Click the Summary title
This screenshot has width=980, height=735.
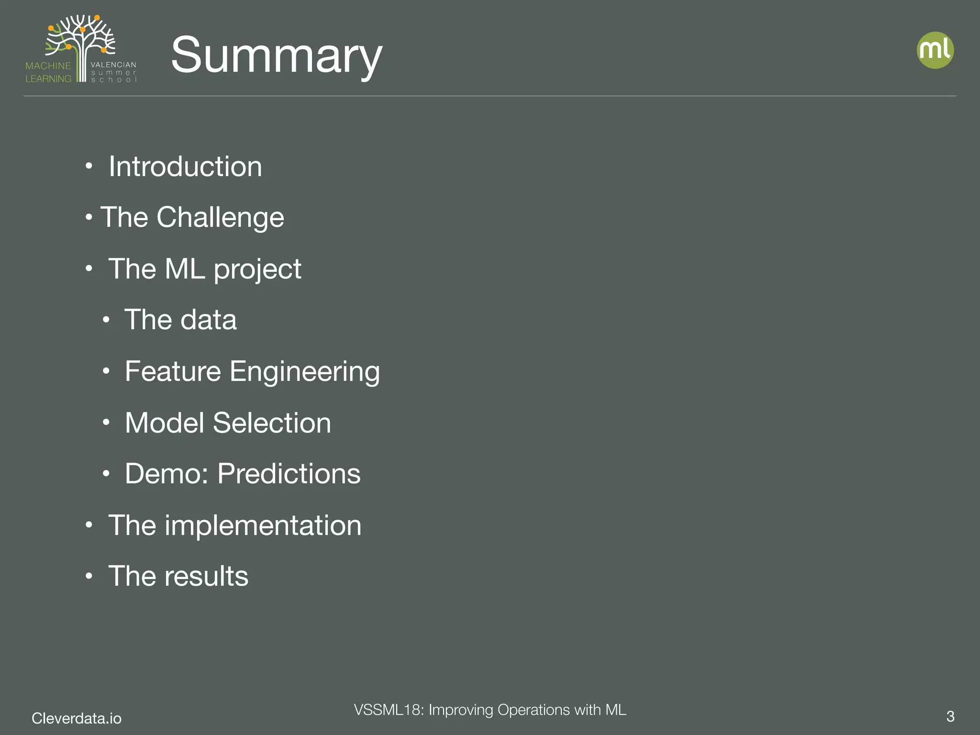pyautogui.click(x=276, y=56)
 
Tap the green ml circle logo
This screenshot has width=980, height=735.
pyautogui.click(x=935, y=50)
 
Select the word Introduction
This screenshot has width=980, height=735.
pyautogui.click(x=185, y=167)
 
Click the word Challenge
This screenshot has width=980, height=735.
pyautogui.click(x=220, y=218)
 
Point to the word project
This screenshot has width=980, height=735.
pyautogui.click(x=257, y=269)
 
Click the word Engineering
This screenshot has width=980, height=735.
pyautogui.click(x=305, y=372)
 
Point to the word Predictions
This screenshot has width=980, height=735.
pyautogui.click(x=289, y=474)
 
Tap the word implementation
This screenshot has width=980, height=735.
pyautogui.click(x=263, y=525)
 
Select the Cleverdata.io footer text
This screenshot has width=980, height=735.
pyautogui.click(x=77, y=718)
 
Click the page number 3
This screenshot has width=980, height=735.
pyautogui.click(x=950, y=716)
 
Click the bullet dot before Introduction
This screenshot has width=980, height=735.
pyautogui.click(x=89, y=167)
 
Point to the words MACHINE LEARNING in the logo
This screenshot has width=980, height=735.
pyautogui.click(x=48, y=72)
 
